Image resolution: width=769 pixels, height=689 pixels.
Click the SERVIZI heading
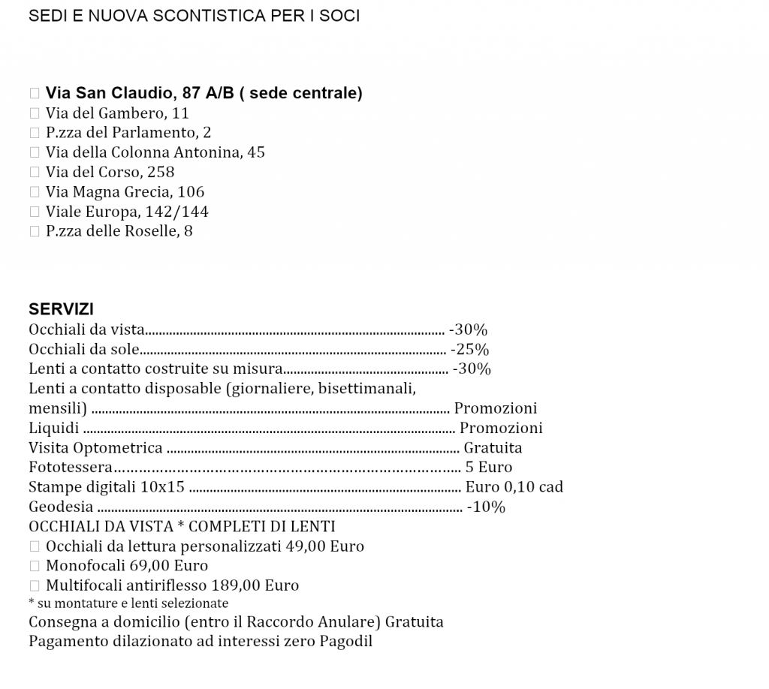[x=61, y=309]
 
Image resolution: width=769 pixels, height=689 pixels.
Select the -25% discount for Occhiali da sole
[x=469, y=349]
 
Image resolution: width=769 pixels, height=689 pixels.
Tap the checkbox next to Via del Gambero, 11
[x=34, y=113]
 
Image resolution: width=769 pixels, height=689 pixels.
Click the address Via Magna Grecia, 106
[x=125, y=191]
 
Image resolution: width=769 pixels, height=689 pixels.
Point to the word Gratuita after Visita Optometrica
[x=493, y=448]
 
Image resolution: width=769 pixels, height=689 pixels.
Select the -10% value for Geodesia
[x=486, y=507]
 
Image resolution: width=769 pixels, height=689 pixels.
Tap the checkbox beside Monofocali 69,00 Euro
[x=34, y=566]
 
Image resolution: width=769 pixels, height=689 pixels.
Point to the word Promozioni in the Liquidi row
[x=501, y=428]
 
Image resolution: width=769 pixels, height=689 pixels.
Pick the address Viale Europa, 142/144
[x=127, y=211]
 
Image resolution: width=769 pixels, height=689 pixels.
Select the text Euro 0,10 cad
[x=514, y=487]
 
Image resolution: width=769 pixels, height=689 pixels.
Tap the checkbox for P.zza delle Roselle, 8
[x=34, y=231]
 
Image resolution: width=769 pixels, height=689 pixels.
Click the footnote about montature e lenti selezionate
[x=128, y=603]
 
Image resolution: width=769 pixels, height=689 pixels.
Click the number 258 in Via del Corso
[x=161, y=172]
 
